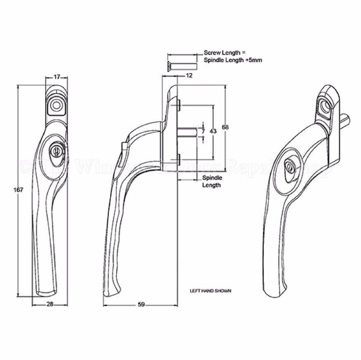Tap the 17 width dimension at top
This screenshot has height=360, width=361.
pos(57,77)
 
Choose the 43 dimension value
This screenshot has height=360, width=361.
pos(213,131)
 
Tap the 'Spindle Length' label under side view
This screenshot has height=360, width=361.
pos(212,181)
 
